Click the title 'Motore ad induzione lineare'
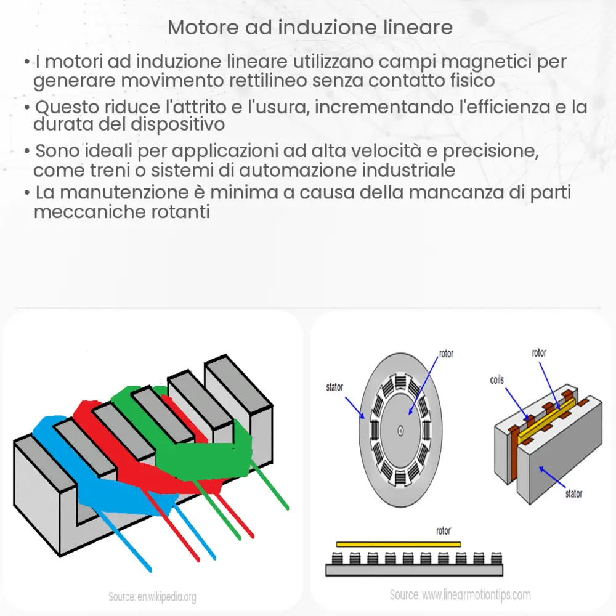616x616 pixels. coord(310,28)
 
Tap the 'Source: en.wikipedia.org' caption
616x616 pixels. coord(152,597)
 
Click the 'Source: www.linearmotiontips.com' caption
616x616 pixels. coord(460,595)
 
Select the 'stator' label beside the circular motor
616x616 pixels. coord(334,387)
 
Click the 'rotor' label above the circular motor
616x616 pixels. coord(447,355)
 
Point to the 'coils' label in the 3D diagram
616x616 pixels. coord(496,380)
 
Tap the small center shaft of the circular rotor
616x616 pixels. coord(400,430)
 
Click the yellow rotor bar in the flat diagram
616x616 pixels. coord(398,544)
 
